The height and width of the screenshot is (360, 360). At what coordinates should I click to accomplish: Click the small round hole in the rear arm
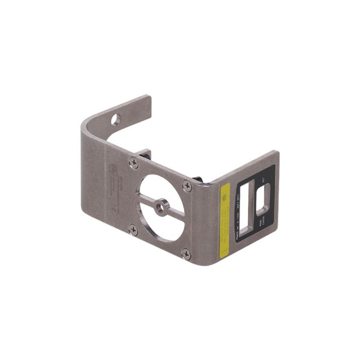pyautogui.click(x=115, y=119)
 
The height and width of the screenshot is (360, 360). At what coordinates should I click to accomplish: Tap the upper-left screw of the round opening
pyautogui.click(x=133, y=163)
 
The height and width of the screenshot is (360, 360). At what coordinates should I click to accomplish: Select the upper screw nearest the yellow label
pyautogui.click(x=187, y=186)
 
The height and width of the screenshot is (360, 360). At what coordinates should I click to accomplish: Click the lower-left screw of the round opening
pyautogui.click(x=133, y=229)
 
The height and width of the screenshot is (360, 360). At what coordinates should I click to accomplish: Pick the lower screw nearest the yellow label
pyautogui.click(x=186, y=254)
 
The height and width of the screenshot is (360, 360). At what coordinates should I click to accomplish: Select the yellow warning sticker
pyautogui.click(x=224, y=220)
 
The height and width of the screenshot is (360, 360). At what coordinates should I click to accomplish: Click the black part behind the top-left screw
pyautogui.click(x=145, y=154)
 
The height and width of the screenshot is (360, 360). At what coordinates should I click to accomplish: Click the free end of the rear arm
pyautogui.click(x=148, y=102)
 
